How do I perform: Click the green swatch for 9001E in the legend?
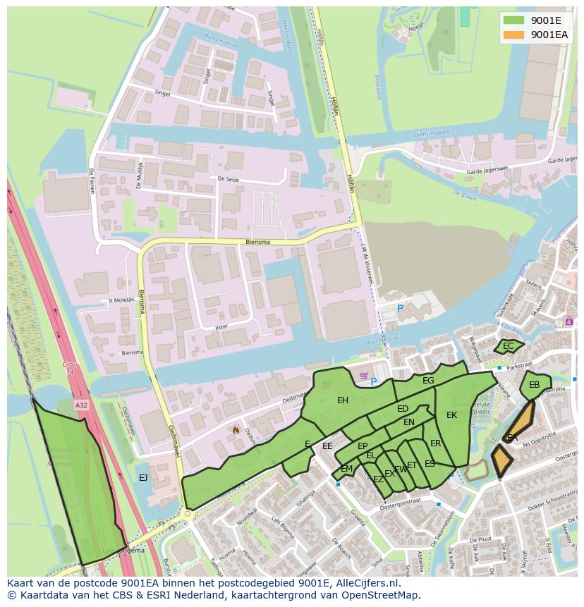pyautogui.click(x=514, y=20)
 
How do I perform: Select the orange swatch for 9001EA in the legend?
pyautogui.click(x=514, y=34)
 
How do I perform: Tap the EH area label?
pyautogui.click(x=343, y=400)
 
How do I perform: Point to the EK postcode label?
pyautogui.click(x=451, y=415)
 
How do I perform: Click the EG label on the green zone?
pyautogui.click(x=428, y=381)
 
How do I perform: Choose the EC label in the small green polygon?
pyautogui.click(x=508, y=346)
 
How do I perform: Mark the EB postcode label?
pyautogui.click(x=534, y=385)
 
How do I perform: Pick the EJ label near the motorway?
pyautogui.click(x=143, y=478)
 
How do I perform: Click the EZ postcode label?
pyautogui.click(x=378, y=479)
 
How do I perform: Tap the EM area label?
pyautogui.click(x=346, y=469)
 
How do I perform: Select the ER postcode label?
pyautogui.click(x=435, y=443)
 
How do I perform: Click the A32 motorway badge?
pyautogui.click(x=82, y=405)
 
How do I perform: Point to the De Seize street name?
pyautogui.click(x=229, y=179)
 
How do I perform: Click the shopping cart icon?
pyautogui.click(x=364, y=376)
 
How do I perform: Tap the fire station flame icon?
pyautogui.click(x=236, y=429)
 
